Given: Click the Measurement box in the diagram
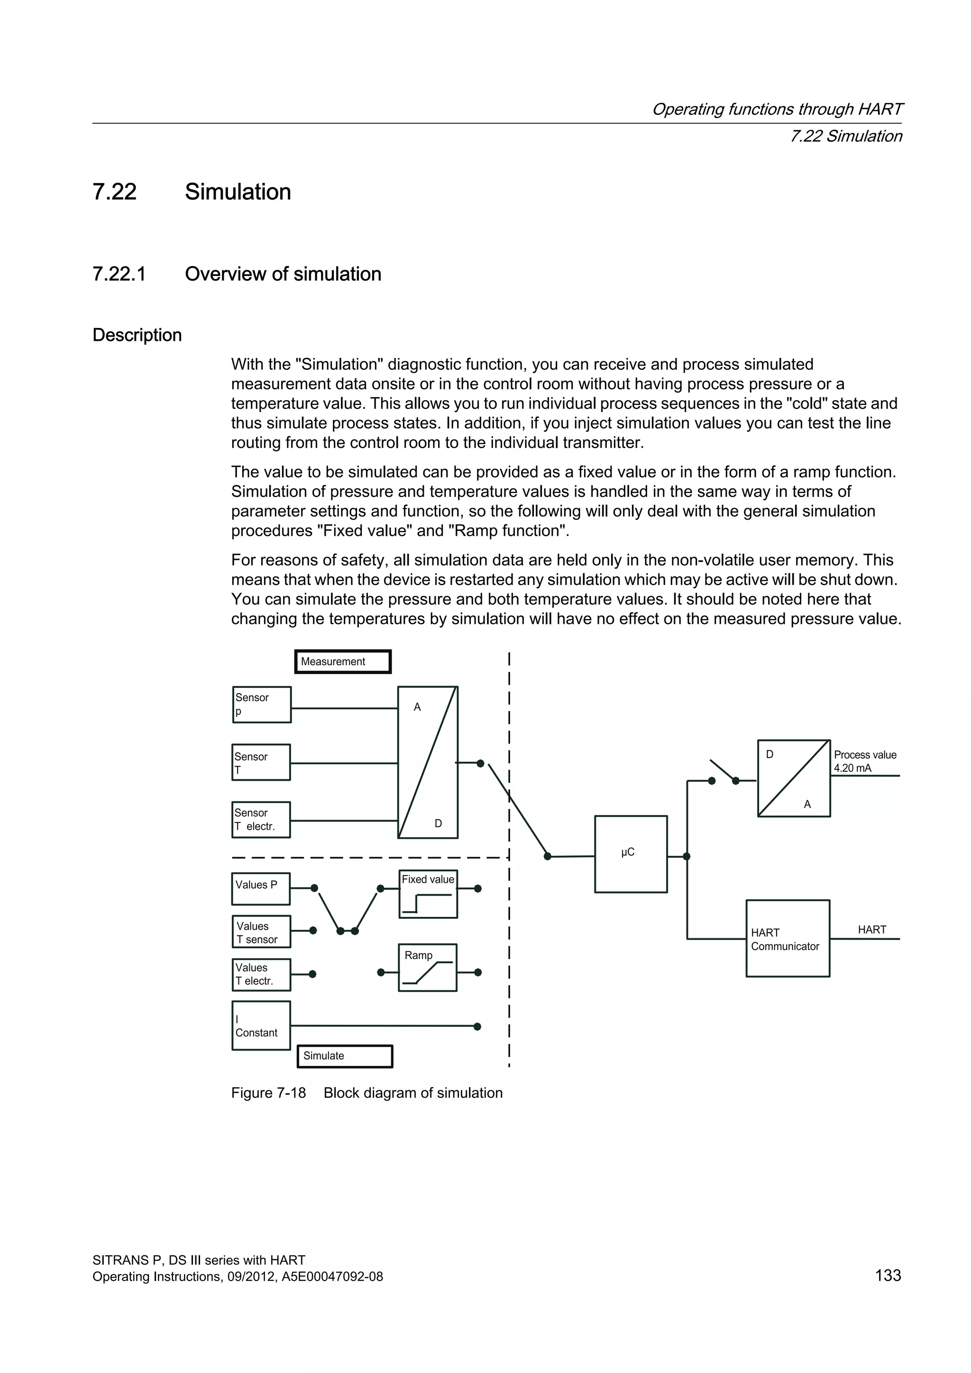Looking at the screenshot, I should pyautogui.click(x=343, y=661).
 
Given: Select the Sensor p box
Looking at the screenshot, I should pyautogui.click(x=261, y=705).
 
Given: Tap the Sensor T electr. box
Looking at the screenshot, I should pyautogui.click(x=261, y=819).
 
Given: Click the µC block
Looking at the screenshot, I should pyautogui.click(x=630, y=854).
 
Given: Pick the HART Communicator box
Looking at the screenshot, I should pyautogui.click(x=788, y=938).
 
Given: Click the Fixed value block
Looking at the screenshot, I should pyautogui.click(x=428, y=894).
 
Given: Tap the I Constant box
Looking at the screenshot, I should pyautogui.click(x=261, y=1025).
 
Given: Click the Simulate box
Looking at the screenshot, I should pyautogui.click(x=344, y=1056).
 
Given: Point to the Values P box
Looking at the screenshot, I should pyautogui.click(x=261, y=888).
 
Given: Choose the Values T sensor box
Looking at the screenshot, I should pyautogui.click(x=261, y=932).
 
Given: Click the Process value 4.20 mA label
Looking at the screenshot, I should pyautogui.click(x=865, y=761).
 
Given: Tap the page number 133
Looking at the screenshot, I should pyautogui.click(x=888, y=1275).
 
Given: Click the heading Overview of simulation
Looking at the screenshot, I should pyautogui.click(x=283, y=274).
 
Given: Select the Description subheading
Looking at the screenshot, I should pyautogui.click(x=137, y=335).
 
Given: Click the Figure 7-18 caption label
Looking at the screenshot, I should pyautogui.click(x=268, y=1093).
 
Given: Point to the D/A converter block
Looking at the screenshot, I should pyautogui.click(x=793, y=778).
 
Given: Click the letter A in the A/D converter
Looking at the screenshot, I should pyautogui.click(x=417, y=707).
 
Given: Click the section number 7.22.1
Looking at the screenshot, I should pyautogui.click(x=119, y=274).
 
